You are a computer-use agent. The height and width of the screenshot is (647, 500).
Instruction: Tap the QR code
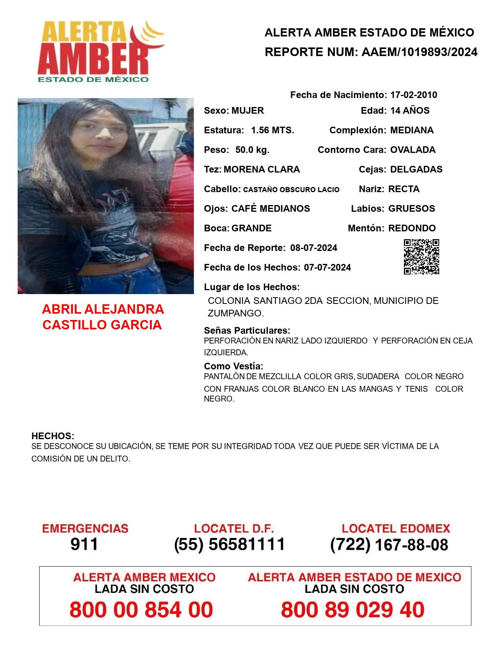click(x=422, y=257)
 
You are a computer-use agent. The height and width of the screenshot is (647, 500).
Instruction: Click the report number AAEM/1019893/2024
click(x=419, y=52)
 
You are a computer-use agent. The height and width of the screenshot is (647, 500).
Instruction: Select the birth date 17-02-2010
click(x=413, y=95)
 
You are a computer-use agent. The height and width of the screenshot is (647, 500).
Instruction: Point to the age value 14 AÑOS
click(x=410, y=111)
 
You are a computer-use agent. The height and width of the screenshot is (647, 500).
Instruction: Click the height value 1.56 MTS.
click(x=273, y=130)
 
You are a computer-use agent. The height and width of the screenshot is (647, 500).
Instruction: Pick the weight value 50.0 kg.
click(x=252, y=150)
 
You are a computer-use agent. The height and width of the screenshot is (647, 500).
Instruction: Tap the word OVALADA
click(x=413, y=150)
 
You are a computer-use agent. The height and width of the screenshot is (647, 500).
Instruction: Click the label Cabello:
click(x=222, y=189)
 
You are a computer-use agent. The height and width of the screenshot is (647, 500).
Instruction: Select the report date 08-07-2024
click(x=314, y=248)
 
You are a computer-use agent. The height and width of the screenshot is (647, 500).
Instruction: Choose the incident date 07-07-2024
click(x=327, y=267)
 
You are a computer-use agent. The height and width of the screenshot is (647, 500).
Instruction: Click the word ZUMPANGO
click(x=235, y=313)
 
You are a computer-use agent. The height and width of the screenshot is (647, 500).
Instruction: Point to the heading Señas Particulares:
click(x=247, y=330)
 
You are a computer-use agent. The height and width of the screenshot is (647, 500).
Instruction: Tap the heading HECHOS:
click(x=53, y=436)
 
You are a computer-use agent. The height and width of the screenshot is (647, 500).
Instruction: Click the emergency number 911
click(x=84, y=544)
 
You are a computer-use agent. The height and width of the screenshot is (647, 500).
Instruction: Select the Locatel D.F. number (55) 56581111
click(x=230, y=544)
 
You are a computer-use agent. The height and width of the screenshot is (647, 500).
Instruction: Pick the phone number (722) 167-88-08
click(x=389, y=545)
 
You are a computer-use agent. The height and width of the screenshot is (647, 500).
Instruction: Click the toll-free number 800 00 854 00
click(x=141, y=610)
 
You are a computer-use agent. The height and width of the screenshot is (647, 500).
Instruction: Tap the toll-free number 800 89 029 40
click(x=353, y=610)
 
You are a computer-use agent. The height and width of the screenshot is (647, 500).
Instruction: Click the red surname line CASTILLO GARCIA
click(x=102, y=325)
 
